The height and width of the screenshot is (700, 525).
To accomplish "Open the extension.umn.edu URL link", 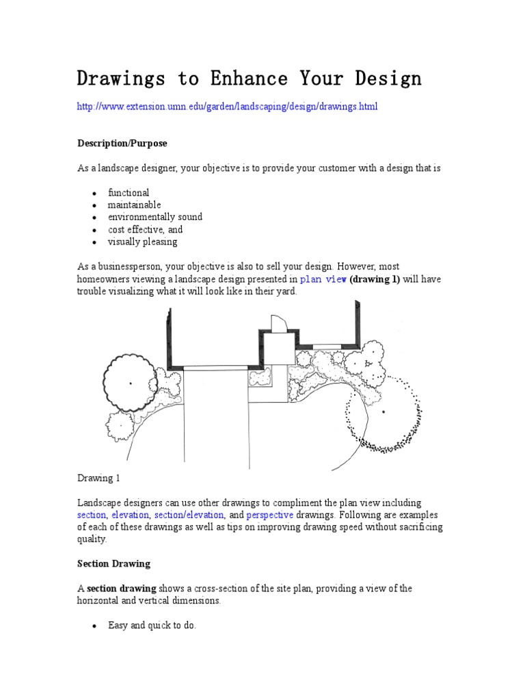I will click(x=227, y=107).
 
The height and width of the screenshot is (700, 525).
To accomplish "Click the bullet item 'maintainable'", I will click(x=134, y=205).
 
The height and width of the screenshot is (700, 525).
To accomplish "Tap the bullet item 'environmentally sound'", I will click(x=155, y=217).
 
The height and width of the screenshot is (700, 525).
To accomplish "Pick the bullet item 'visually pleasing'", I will click(x=142, y=242).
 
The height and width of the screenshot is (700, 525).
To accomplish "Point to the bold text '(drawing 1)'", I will click(x=375, y=279).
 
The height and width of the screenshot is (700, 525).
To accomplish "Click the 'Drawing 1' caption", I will click(x=98, y=479).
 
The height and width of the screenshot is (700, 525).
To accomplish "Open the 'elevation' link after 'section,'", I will click(x=131, y=515).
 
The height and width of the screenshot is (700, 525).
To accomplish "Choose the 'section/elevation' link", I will click(x=189, y=515).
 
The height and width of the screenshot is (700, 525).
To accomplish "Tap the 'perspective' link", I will click(x=270, y=515).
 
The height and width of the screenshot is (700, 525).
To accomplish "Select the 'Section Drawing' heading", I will click(x=113, y=564).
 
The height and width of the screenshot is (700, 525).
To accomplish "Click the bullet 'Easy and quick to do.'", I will click(x=152, y=625).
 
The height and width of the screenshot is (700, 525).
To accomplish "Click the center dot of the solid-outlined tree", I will click(x=131, y=383).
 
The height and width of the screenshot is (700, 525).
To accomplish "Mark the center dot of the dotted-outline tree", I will click(x=383, y=412).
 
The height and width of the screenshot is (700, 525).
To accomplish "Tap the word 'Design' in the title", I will click(x=388, y=79).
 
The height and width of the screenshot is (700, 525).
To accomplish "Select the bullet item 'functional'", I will click(x=129, y=193).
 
